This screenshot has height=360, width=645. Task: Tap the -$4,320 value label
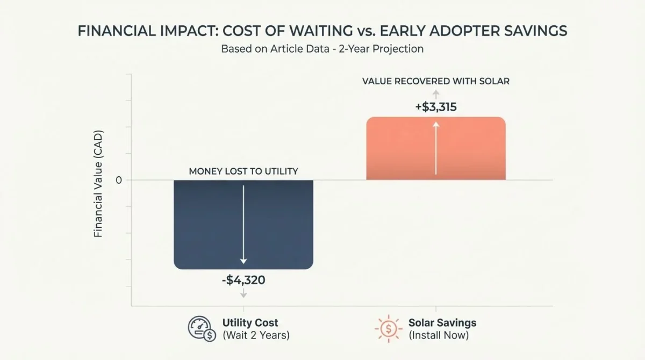243,280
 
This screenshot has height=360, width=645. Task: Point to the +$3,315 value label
436,107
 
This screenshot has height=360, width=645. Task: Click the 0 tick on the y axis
119,180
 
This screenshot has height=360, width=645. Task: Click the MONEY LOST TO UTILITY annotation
243,171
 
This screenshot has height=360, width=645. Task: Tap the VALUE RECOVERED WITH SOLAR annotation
436,82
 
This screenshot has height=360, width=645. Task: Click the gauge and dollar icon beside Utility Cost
200,328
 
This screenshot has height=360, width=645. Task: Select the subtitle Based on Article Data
322,49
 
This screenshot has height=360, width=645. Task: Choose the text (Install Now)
438,336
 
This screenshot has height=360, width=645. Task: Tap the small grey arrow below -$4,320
243,293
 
